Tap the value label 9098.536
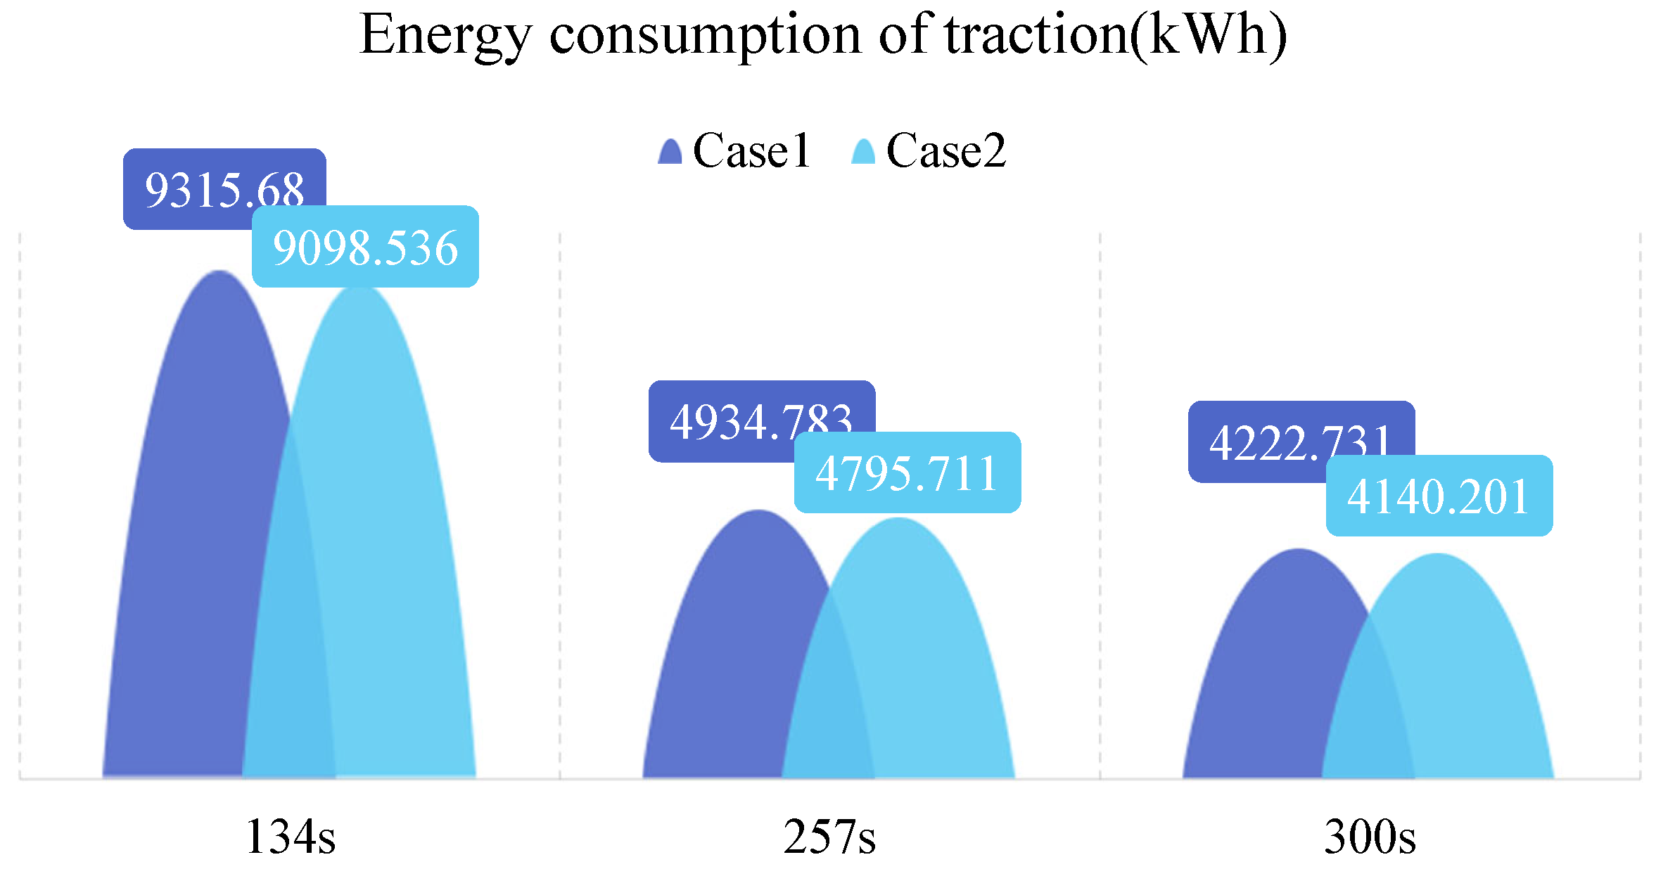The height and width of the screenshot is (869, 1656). [x=365, y=247]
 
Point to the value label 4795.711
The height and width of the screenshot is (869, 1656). [x=907, y=472]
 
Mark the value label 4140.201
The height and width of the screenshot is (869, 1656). [x=1439, y=496]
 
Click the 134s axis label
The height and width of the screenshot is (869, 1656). [x=290, y=837]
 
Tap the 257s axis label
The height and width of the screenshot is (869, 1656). [x=829, y=837]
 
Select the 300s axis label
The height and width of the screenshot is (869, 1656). [x=1370, y=837]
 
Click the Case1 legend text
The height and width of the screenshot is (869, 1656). [x=751, y=150]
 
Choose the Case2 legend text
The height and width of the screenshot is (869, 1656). [x=945, y=150]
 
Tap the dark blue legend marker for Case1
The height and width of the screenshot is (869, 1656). [x=670, y=151]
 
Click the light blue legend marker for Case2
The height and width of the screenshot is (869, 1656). [x=863, y=151]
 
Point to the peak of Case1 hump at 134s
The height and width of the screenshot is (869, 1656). [x=219, y=273]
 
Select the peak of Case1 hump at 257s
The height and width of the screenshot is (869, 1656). [x=758, y=512]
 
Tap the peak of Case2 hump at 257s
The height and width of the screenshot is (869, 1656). [x=898, y=520]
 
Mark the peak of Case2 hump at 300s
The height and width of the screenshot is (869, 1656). [x=1438, y=555]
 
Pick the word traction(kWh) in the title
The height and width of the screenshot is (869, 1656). [x=1116, y=35]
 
